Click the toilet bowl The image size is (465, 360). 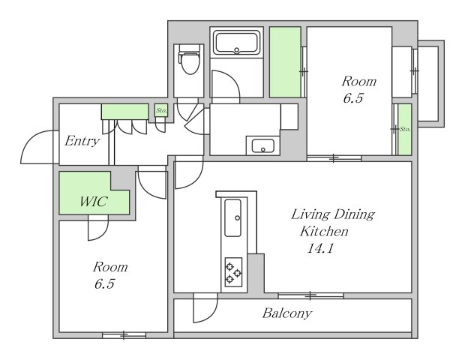[189, 61]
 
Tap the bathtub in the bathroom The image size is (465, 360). [236, 42]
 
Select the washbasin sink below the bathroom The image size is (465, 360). [263, 145]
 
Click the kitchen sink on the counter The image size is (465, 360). [232, 218]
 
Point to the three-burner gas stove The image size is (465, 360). [233, 272]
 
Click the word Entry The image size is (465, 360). [82, 141]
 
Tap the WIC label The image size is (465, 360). [94, 202]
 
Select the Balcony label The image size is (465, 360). [287, 313]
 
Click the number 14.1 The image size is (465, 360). [320, 248]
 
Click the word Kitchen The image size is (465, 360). [324, 231]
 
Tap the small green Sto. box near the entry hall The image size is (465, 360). [161, 110]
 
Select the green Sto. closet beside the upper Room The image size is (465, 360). [405, 129]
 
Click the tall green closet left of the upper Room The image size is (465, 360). [285, 62]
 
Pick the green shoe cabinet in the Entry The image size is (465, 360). [124, 112]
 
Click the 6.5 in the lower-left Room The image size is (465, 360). [104, 283]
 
